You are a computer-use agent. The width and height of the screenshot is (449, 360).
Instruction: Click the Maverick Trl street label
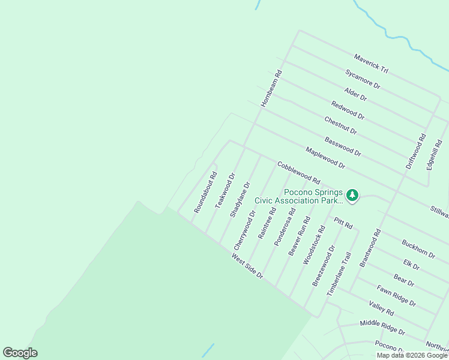pos(371,63)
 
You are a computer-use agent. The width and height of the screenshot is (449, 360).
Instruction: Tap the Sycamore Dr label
pos(363,79)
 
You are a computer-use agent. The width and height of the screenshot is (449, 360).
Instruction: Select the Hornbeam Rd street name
pos(271,89)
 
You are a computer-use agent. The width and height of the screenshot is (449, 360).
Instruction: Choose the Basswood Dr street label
pos(343,146)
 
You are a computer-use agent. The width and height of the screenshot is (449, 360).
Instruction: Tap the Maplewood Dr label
pos(325,157)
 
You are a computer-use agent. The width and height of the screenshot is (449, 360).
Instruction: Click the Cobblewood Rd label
pos(298,172)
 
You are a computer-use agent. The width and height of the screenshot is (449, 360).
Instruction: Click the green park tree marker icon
pos(352,195)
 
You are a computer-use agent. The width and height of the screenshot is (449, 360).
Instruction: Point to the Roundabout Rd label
pos(205,193)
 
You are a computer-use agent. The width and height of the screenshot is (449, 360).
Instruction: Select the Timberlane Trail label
pos(338,273)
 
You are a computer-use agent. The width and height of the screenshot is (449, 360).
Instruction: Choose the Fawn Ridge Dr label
pos(396,296)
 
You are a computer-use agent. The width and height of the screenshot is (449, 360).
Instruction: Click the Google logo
pos(20,353)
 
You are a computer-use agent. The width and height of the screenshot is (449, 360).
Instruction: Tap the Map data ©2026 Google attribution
pos(412,355)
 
